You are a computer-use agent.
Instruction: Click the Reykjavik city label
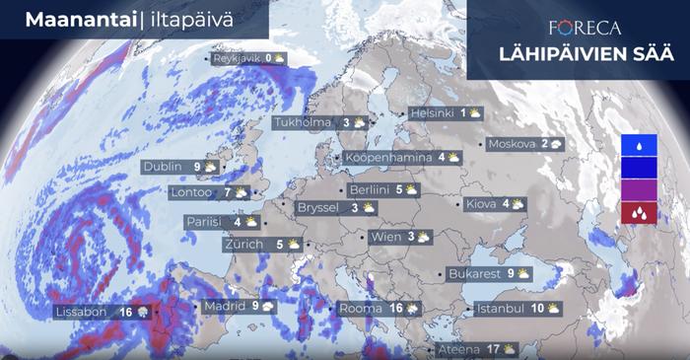pos(237,58)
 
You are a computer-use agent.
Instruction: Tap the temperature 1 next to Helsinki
pos(462,113)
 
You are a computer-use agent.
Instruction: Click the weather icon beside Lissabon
pos(144,313)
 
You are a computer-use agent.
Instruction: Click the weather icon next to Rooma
pos(411,310)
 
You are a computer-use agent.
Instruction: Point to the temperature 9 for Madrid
pos(254,307)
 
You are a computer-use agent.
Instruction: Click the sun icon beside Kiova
pos(517,204)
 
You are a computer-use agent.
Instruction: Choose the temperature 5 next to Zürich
pos(280,244)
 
